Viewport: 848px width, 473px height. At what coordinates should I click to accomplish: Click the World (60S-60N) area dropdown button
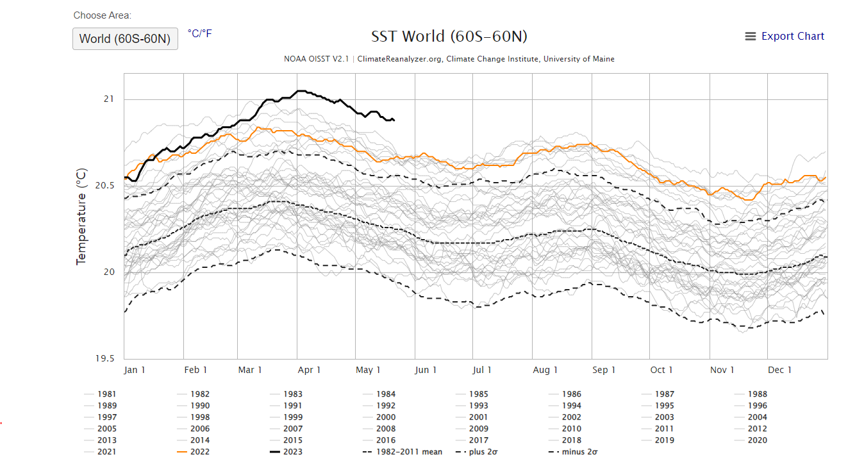pyautogui.click(x=125, y=38)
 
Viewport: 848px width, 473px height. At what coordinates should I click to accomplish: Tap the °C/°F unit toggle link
pyautogui.click(x=199, y=33)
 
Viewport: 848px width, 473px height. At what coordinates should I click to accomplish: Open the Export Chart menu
pyautogui.click(x=785, y=37)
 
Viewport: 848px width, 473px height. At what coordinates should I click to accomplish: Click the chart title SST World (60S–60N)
pyautogui.click(x=449, y=37)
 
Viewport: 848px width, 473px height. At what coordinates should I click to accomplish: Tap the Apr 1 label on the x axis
pyautogui.click(x=310, y=370)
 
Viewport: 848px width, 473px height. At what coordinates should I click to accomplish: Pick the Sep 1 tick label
pyautogui.click(x=604, y=370)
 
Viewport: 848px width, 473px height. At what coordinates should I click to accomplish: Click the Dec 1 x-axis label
pyautogui.click(x=780, y=370)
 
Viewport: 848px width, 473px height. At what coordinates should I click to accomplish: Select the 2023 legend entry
pyautogui.click(x=292, y=452)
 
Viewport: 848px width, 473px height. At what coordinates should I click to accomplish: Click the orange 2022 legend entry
pyautogui.click(x=199, y=452)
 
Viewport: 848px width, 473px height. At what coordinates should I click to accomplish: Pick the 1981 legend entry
pyautogui.click(x=107, y=394)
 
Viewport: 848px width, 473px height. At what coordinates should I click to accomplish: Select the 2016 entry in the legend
pyautogui.click(x=385, y=440)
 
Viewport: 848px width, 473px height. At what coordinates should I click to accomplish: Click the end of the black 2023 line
pyautogui.click(x=394, y=120)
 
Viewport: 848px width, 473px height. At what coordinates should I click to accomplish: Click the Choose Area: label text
pyautogui.click(x=103, y=15)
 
